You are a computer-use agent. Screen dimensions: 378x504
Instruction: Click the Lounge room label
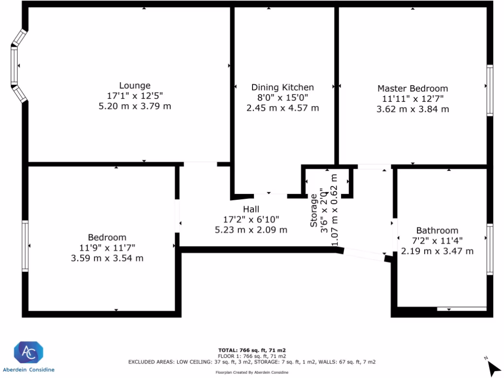(135, 86)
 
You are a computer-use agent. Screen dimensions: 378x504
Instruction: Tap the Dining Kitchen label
(283, 88)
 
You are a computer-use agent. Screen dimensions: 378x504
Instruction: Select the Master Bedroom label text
(412, 89)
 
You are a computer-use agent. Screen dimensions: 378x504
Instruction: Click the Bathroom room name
(437, 230)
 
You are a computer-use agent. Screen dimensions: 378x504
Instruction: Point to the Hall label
(251, 209)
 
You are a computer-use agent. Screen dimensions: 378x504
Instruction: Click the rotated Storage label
(314, 210)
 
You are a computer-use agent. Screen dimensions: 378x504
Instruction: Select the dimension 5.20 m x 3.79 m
(135, 106)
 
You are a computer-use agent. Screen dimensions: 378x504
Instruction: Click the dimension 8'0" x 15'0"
(283, 98)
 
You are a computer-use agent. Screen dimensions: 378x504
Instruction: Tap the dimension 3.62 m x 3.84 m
(412, 109)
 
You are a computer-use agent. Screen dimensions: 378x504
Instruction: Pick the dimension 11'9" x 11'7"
(107, 248)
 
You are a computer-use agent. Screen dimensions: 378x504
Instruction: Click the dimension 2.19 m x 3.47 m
(437, 251)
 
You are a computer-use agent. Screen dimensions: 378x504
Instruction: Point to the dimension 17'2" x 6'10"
(251, 220)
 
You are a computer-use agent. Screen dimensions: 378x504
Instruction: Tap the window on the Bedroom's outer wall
(25, 246)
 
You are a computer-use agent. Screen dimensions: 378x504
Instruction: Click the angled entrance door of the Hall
(364, 254)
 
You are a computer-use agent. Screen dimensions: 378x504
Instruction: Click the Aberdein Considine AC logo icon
(28, 352)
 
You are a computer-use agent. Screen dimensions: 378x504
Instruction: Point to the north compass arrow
(493, 368)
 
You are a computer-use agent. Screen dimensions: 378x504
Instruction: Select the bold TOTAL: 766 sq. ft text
(252, 350)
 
